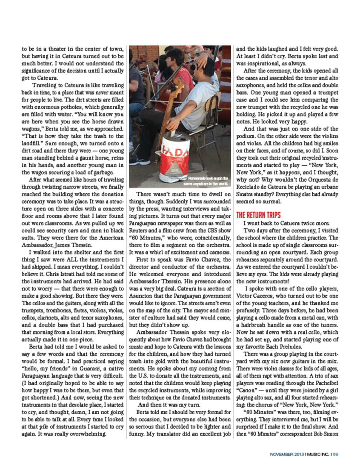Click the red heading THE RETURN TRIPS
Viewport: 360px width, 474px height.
pos(258,215)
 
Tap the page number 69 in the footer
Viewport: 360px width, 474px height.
pos(335,454)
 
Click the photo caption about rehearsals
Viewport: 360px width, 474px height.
pos(206,181)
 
